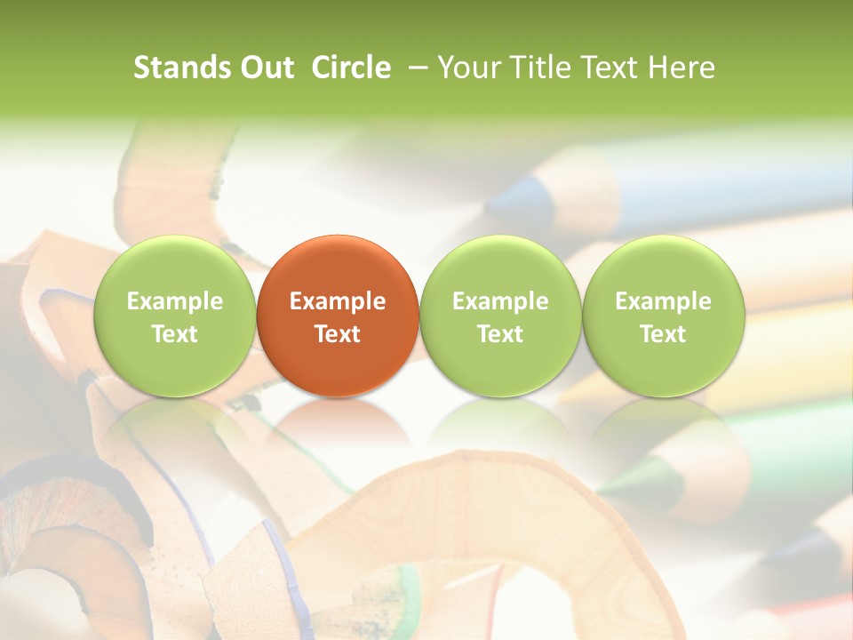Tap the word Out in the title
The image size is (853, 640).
point(267,68)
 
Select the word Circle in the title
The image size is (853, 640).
point(351,68)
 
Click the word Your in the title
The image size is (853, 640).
point(467,68)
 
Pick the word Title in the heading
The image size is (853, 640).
point(535,68)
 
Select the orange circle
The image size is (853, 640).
point(338,316)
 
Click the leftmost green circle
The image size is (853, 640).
point(175,316)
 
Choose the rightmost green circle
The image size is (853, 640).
point(663,316)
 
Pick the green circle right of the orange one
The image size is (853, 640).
point(500,316)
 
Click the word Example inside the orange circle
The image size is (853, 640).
point(338,301)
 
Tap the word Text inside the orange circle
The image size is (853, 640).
point(338,334)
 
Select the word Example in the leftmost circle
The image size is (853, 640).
point(175,301)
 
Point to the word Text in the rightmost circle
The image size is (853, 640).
point(663,334)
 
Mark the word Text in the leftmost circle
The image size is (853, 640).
point(175,334)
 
